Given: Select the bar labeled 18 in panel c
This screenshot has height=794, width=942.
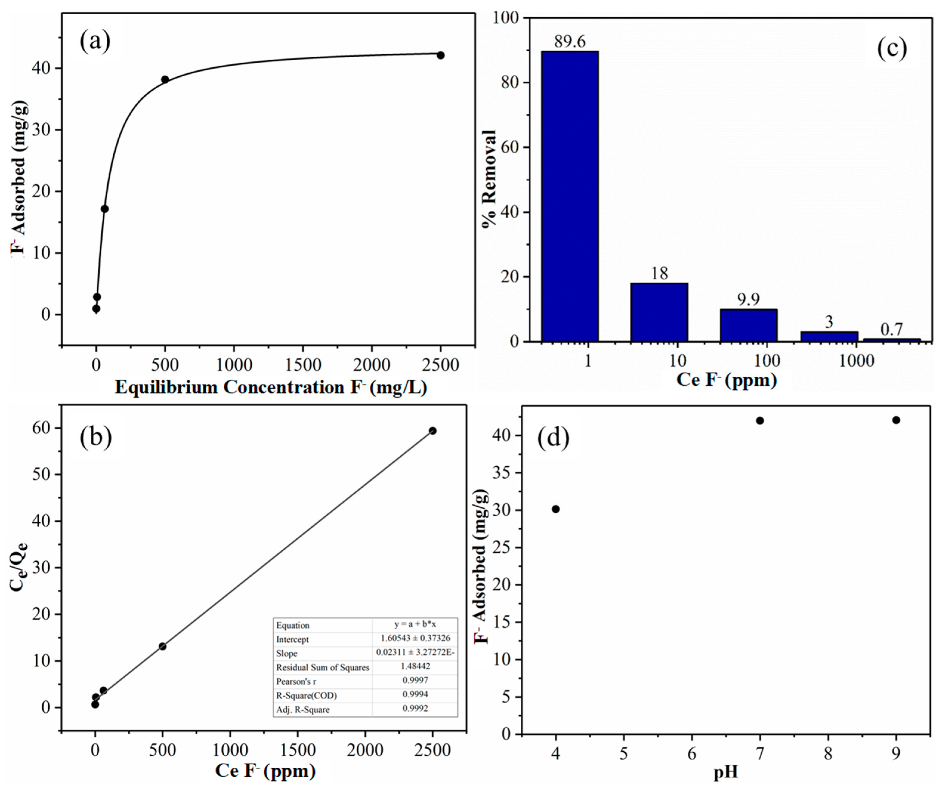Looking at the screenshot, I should coord(659,312).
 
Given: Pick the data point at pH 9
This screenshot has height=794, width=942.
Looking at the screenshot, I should coord(896,420).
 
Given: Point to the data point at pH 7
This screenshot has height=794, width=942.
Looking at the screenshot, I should coord(760,420).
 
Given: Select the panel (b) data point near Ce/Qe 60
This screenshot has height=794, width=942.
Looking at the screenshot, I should coord(432,431).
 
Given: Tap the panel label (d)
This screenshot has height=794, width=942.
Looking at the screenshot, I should coord(553,437).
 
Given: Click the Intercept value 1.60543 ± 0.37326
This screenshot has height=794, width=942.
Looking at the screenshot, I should coord(415,638).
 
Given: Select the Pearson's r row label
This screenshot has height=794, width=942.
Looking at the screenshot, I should coord(296,681).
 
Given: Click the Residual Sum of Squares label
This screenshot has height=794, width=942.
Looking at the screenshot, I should coord(322,667).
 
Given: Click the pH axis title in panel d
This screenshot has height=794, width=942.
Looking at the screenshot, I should coord(726,772).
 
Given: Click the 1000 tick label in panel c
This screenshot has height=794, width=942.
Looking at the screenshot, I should coord(856,361).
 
